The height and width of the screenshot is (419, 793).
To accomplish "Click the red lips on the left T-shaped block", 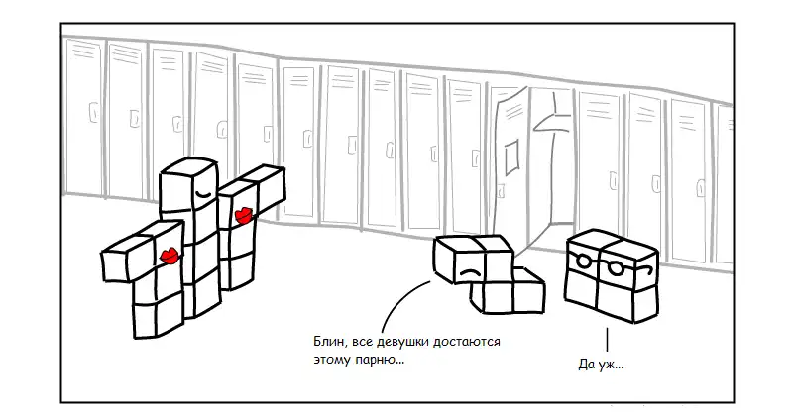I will point(170,257).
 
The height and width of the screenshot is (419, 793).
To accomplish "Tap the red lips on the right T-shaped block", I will point(242,213).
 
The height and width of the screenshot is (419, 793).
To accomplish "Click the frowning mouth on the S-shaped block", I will point(470,270).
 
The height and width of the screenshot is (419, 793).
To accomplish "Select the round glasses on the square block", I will point(601,264).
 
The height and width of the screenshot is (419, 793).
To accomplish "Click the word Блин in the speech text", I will point(328,342).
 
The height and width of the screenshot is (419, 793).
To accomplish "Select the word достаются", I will point(469,342).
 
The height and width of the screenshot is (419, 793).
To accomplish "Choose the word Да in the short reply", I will point(585,365).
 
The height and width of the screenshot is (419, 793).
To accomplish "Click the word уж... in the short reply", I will point(611,365).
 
